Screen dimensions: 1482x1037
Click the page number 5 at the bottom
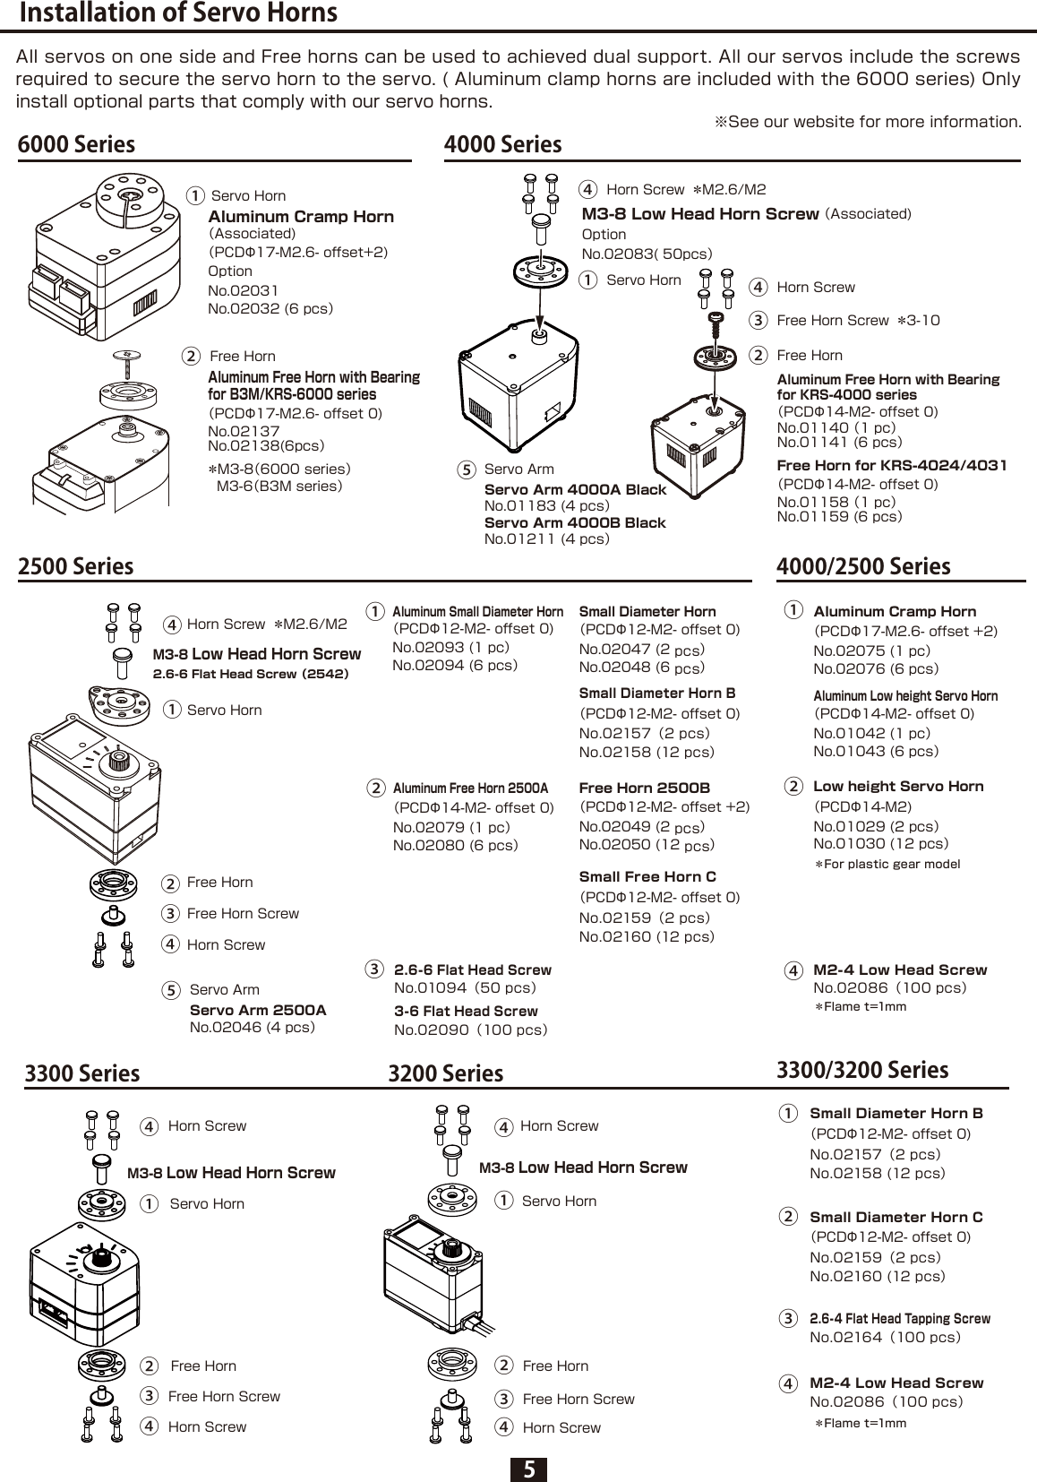pos(528,1469)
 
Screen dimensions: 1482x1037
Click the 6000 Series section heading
pos(77,144)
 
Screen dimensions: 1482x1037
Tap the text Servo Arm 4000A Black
pos(575,489)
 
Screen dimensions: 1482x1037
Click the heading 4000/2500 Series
pos(863,566)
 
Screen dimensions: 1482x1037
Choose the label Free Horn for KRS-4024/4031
pos(891,465)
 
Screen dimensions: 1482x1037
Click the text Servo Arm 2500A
pos(258,1010)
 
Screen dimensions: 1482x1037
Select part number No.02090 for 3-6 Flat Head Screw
pos(432,1030)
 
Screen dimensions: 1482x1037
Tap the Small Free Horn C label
pos(647,876)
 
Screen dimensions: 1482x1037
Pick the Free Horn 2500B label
pos(644,788)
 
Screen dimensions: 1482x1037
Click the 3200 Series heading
pos(445,1073)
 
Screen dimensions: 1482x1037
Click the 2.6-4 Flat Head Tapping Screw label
pos(899,1318)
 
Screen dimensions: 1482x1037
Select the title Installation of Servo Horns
pos(178,13)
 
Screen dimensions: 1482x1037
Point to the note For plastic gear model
pos(887,864)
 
